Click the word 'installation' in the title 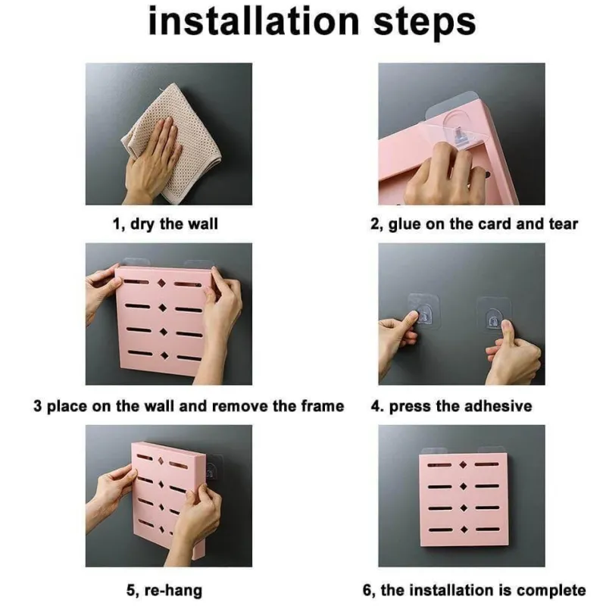click(x=254, y=21)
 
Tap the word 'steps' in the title click(x=424, y=24)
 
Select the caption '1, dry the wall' click(x=165, y=224)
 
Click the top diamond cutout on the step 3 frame click(x=161, y=283)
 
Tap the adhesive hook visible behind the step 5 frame click(x=213, y=468)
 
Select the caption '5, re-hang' click(x=164, y=591)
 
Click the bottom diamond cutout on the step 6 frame click(x=464, y=529)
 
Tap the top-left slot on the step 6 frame click(x=439, y=464)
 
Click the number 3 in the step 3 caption click(x=37, y=406)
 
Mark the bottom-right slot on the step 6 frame click(x=488, y=529)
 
